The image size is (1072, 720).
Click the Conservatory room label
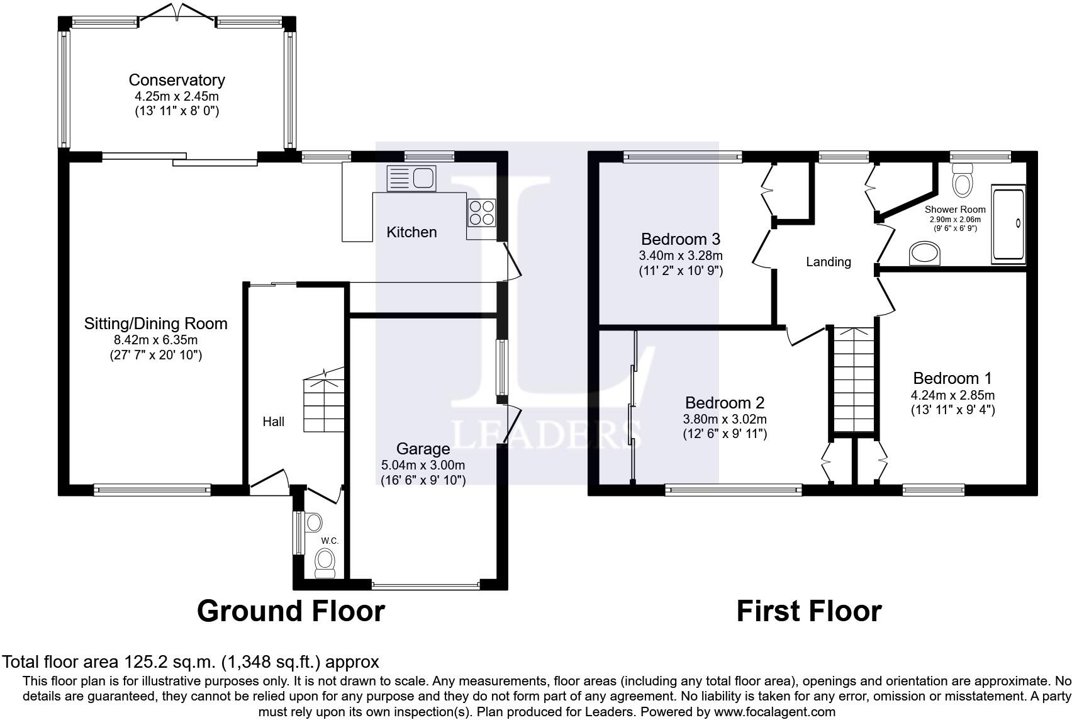click(x=177, y=79)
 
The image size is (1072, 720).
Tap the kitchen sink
click(x=411, y=179)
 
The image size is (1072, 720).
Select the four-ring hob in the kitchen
click(x=481, y=213)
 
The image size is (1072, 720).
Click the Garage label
click(x=423, y=449)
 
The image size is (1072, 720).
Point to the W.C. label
click(x=330, y=541)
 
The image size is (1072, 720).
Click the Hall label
click(x=273, y=421)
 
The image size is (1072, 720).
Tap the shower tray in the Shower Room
click(x=1008, y=225)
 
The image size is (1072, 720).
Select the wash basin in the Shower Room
click(x=925, y=253)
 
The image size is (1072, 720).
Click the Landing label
click(x=829, y=261)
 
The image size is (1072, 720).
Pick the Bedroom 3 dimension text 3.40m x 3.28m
click(x=681, y=255)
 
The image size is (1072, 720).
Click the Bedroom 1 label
click(x=952, y=378)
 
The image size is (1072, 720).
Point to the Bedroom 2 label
click(x=725, y=403)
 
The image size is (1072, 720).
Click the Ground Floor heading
click(x=291, y=611)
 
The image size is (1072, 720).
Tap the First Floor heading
click(x=809, y=611)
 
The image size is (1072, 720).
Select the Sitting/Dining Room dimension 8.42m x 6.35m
click(x=155, y=340)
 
